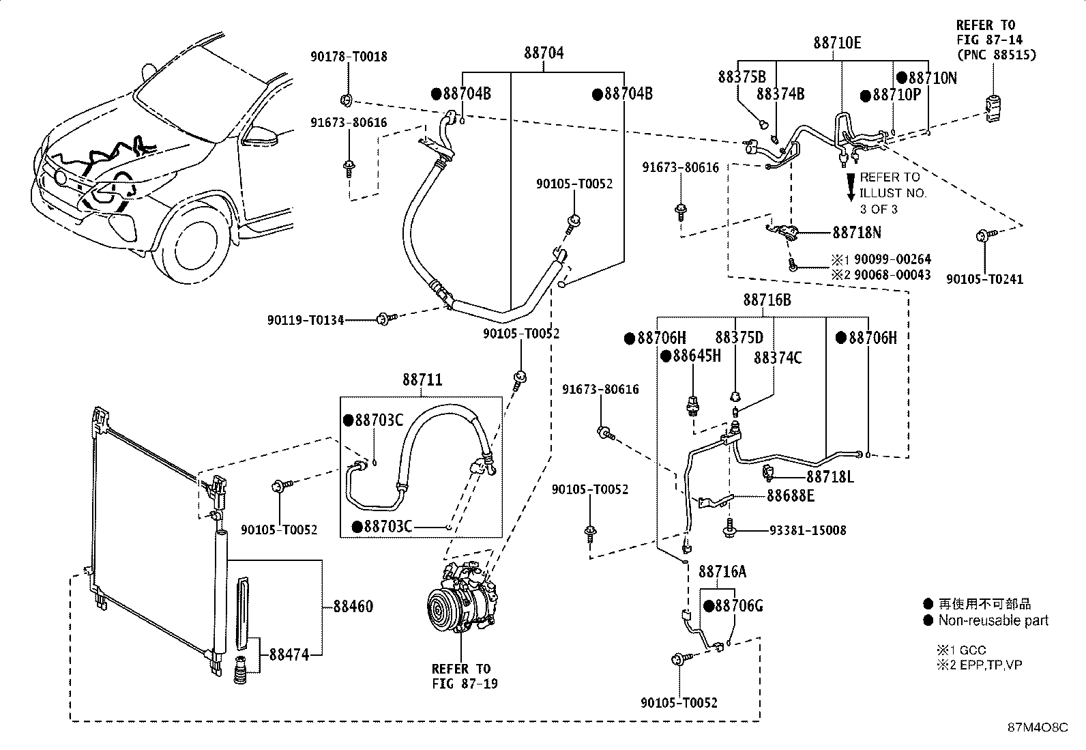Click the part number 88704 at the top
(x=544, y=53)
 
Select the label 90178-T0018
(x=349, y=57)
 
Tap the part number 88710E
(x=837, y=43)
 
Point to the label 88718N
(x=857, y=233)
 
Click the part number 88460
(x=353, y=607)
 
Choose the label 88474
(x=289, y=655)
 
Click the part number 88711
(x=422, y=379)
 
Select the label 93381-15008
(x=808, y=530)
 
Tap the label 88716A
(x=722, y=571)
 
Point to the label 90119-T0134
(x=306, y=320)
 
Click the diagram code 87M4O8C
(x=1038, y=727)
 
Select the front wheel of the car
(x=195, y=245)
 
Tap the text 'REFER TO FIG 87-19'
(x=465, y=676)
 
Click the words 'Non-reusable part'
(x=993, y=620)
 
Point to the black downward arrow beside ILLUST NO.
(x=851, y=187)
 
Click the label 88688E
(x=790, y=496)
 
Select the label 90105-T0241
(x=984, y=279)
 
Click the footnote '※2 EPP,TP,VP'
(x=980, y=665)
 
